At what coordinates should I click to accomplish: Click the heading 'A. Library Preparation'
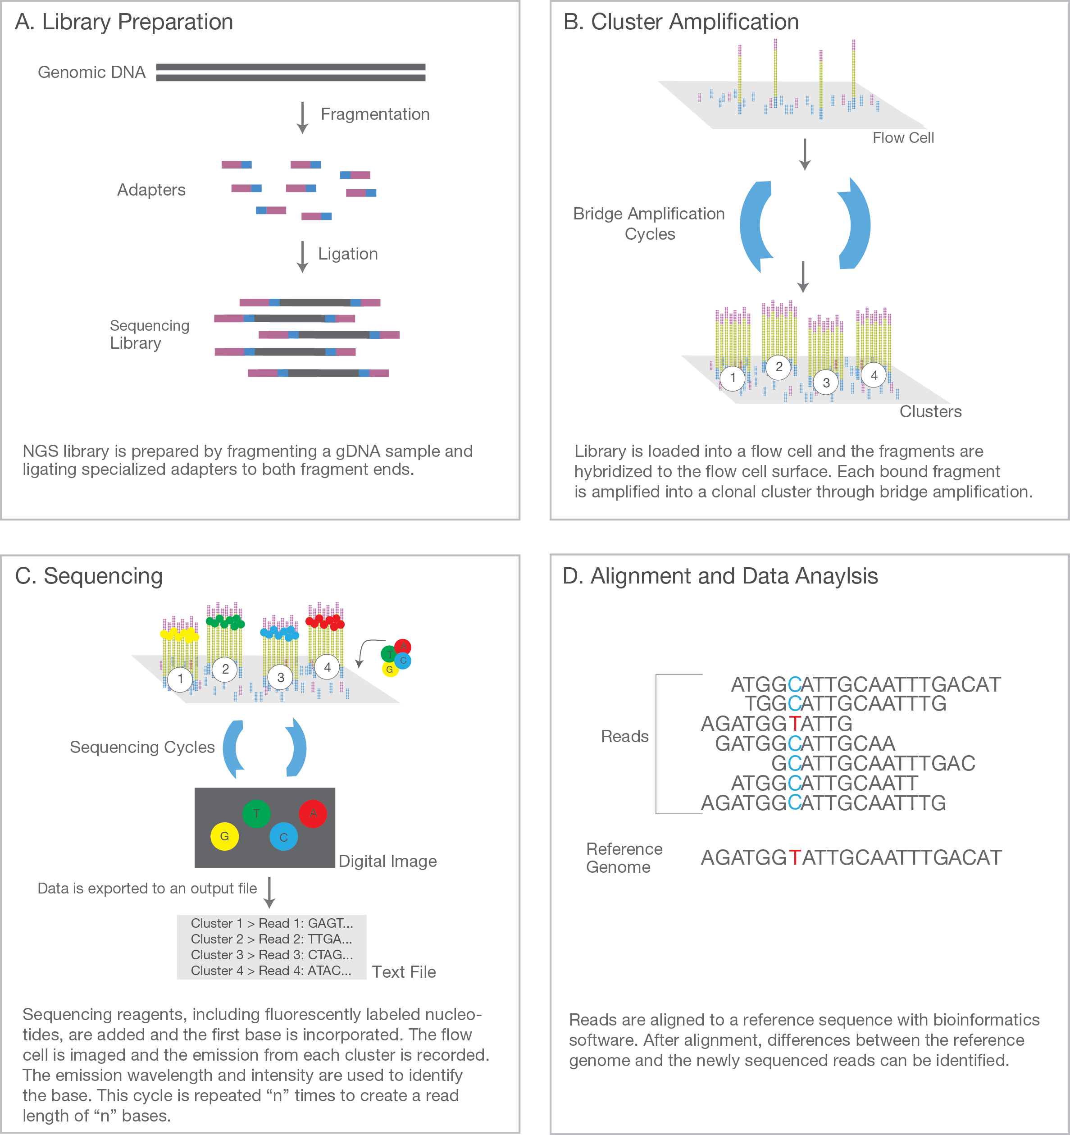click(124, 22)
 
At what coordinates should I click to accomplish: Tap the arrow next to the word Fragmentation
click(303, 118)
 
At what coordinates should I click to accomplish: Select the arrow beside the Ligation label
click(303, 256)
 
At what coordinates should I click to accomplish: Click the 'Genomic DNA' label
click(91, 73)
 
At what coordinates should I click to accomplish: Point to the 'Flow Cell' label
click(903, 137)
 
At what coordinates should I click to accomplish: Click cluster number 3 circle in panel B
click(826, 383)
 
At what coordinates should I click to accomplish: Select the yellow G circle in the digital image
click(224, 836)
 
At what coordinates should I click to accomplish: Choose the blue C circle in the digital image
click(284, 837)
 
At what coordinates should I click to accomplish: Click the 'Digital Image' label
click(388, 861)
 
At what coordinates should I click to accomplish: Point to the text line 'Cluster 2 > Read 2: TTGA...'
click(271, 939)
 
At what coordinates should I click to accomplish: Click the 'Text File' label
click(404, 972)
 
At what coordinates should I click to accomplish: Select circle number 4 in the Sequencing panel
click(327, 667)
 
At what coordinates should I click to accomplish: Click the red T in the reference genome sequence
click(795, 857)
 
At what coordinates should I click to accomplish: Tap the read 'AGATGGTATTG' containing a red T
click(776, 723)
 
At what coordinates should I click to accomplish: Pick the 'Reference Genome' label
click(624, 858)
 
